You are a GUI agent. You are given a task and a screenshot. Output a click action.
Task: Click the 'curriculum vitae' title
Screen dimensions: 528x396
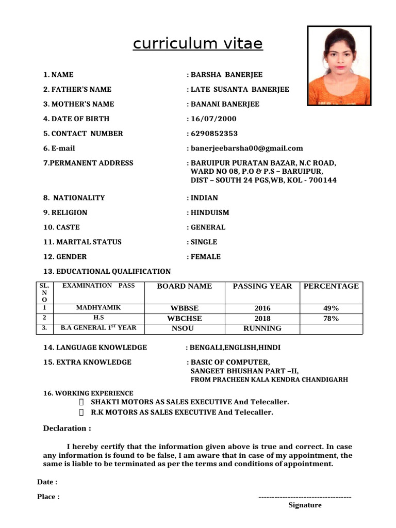[x=197, y=44]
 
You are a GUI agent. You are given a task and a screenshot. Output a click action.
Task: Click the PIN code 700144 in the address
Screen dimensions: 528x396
[x=322, y=180]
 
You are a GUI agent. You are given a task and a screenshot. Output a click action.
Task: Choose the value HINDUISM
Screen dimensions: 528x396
[x=210, y=212]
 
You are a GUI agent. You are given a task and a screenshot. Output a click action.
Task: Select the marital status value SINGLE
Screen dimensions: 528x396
[x=204, y=242]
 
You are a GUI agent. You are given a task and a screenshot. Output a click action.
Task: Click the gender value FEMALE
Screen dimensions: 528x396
[x=206, y=257]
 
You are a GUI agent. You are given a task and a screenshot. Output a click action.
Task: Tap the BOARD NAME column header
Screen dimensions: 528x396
[x=184, y=286]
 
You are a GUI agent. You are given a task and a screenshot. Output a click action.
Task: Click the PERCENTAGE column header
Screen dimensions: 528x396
[x=331, y=286]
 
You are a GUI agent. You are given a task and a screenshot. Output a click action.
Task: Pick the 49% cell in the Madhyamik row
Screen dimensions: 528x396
[x=331, y=308]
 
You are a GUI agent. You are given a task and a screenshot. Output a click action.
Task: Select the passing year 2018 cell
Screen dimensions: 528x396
[x=262, y=319]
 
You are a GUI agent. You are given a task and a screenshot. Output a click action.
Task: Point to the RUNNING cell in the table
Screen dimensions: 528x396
[x=262, y=328]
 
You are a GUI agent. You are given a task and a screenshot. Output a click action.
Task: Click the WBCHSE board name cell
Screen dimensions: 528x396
[x=184, y=319]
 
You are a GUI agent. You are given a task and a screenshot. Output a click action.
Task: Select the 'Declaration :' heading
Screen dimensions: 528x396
[x=67, y=428]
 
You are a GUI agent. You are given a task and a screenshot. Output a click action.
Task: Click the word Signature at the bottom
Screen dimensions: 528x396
[x=305, y=505]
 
